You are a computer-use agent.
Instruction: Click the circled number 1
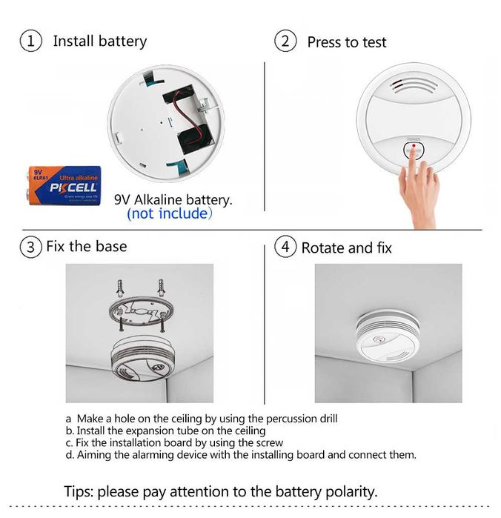coord(31,41)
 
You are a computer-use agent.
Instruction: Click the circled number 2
coord(285,41)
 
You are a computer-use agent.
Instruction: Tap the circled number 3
coord(30,247)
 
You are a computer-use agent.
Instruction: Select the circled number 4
coord(285,247)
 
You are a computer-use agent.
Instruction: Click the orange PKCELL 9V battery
coord(63,185)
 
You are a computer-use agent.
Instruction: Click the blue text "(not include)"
coord(169,214)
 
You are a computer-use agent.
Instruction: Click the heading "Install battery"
coord(99,41)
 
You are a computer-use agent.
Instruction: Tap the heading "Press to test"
coord(346,42)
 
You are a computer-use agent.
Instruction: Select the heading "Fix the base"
coord(86,246)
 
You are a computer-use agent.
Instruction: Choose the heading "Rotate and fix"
coord(346,248)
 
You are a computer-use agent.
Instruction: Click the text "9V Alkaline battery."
coord(173,199)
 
